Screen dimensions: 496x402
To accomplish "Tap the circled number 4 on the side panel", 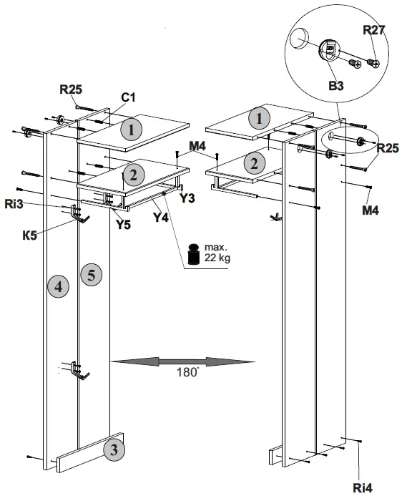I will click(58, 287).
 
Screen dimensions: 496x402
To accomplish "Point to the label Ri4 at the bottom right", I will click(362, 487).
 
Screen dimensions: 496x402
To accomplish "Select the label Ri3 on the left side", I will click(52, 205).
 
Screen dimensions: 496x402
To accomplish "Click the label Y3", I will click(187, 198).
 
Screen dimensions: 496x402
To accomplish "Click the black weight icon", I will click(193, 254).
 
